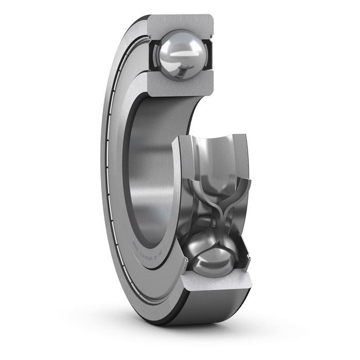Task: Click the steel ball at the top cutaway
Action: [179, 53]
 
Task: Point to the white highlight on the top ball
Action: [177, 52]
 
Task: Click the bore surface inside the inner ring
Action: [149, 170]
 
